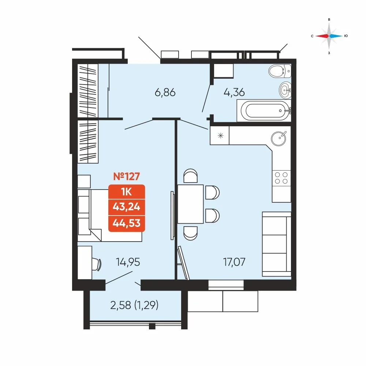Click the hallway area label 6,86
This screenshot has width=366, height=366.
pos(165,93)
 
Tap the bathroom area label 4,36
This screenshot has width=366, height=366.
pos(234,92)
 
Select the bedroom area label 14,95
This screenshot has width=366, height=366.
pos(128,262)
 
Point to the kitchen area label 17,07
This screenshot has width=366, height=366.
pos(234,262)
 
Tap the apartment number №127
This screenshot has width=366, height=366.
pos(127,176)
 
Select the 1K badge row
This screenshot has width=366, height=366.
pos(127,192)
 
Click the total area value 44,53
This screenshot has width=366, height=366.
pos(127,223)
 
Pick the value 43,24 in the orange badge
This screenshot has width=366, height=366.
pos(127,207)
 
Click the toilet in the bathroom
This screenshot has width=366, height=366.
pos(280,71)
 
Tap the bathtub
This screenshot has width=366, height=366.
pos(264,111)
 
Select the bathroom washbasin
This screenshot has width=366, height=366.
pos(285,90)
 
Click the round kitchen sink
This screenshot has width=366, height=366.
pos(279,138)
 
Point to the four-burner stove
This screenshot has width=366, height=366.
pos(281,178)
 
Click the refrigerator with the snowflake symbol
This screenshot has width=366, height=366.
pos(220,135)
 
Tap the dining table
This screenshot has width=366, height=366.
pos(190,204)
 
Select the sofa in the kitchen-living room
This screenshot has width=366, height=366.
pos(277,244)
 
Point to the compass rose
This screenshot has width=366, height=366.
pos(329,36)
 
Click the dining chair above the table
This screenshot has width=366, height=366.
pos(190,176)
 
